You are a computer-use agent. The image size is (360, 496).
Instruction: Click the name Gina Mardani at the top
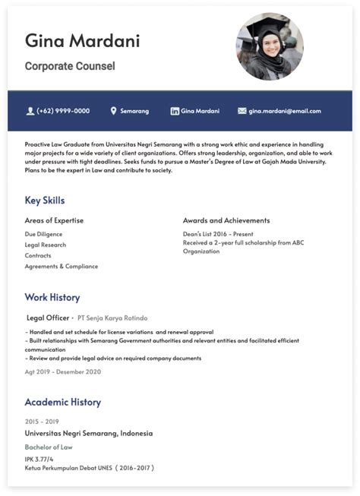(82, 40)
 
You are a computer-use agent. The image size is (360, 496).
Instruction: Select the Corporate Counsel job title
(70, 66)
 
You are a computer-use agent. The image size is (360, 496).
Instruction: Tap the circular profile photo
(270, 46)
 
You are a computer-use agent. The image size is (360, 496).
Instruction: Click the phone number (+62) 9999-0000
(62, 111)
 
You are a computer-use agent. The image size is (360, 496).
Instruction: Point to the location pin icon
(114, 111)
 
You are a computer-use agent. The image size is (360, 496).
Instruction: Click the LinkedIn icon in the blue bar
(175, 111)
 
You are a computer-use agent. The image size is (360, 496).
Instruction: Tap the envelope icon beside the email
(242, 111)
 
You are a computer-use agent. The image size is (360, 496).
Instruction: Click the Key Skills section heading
(45, 201)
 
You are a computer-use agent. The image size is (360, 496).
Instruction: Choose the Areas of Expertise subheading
(54, 220)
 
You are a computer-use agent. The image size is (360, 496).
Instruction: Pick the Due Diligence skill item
(43, 234)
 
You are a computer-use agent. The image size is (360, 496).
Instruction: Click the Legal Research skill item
(46, 245)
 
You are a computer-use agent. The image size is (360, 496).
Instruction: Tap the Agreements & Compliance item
(62, 266)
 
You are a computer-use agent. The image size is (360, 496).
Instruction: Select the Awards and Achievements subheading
(226, 220)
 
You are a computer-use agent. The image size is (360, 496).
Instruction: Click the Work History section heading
(52, 297)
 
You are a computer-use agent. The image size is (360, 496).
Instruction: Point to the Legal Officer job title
(47, 318)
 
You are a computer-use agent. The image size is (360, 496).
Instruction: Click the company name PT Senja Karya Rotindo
(112, 318)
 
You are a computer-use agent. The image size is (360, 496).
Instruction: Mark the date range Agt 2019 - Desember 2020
(63, 371)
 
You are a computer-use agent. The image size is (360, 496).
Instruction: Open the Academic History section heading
(62, 402)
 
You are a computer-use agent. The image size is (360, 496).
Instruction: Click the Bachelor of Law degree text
(47, 447)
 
